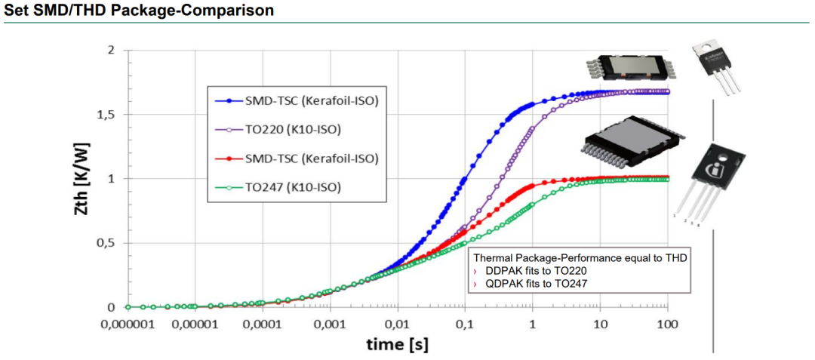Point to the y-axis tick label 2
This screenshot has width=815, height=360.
click(111, 51)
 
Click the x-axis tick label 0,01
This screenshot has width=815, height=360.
click(397, 325)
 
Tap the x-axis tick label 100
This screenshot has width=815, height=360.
click(667, 325)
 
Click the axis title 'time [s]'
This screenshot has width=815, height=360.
click(397, 345)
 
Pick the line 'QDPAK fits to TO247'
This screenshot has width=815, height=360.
click(537, 283)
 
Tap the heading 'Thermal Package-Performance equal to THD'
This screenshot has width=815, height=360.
click(580, 257)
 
